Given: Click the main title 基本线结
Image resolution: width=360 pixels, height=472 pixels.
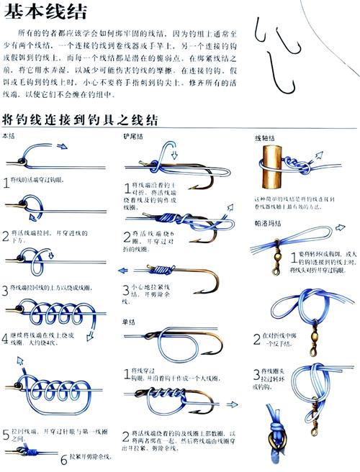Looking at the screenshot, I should pos(44,12).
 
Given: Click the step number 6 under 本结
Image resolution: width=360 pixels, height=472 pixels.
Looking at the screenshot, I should pos(63,458).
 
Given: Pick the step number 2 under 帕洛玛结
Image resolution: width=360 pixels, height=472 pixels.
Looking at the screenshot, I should pos(256,337).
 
